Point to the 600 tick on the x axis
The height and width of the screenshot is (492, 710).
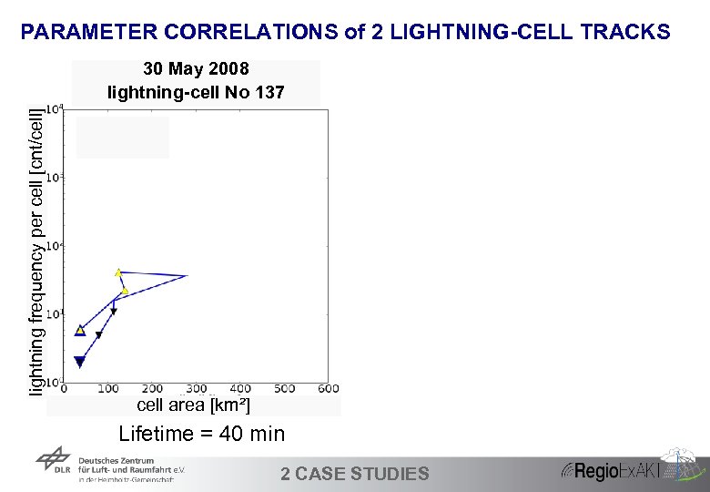pos(328,389)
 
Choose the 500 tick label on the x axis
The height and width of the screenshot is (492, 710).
pos(284,389)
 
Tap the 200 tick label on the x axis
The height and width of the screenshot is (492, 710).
pos(152,389)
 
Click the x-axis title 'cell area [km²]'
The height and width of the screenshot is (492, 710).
pos(193,405)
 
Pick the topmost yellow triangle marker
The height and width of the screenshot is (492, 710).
pos(118,272)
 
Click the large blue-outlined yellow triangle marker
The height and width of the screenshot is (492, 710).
pos(80,330)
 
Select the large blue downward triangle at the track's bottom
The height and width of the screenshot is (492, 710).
pos(79,362)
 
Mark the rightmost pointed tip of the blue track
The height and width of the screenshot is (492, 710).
pos(187,275)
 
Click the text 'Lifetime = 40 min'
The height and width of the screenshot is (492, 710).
pos(202,434)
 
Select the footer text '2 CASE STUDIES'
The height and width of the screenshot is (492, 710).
pos(354,473)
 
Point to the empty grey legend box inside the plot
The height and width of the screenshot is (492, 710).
pos(123,138)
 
